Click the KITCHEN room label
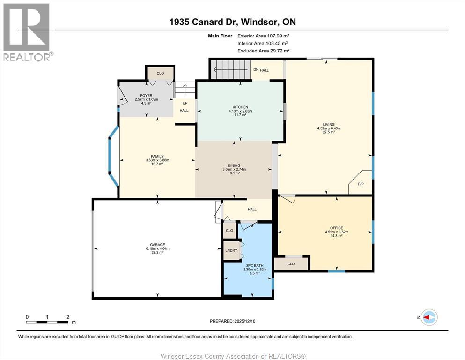pyautogui.click(x=240, y=107)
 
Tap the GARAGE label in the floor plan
pyautogui.click(x=157, y=245)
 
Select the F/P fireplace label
pyautogui.click(x=361, y=184)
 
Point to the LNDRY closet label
pyautogui.click(x=231, y=250)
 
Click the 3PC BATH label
pyautogui.click(x=255, y=266)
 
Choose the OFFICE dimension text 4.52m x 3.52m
pyautogui.click(x=337, y=232)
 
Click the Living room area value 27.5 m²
pyautogui.click(x=329, y=132)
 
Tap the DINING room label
pyautogui.click(x=234, y=165)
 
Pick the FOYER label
pyautogui.click(x=146, y=96)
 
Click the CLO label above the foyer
pyautogui.click(x=160, y=73)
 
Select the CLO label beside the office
pyautogui.click(x=291, y=264)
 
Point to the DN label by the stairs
pyautogui.click(x=256, y=70)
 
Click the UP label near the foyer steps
pyautogui.click(x=185, y=103)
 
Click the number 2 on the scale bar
pyautogui.click(x=68, y=317)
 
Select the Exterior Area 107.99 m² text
pyautogui.click(x=263, y=36)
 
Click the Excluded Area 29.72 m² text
pyautogui.click(x=263, y=51)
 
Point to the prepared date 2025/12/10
pyautogui.click(x=244, y=321)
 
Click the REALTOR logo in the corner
pyautogui.click(x=28, y=32)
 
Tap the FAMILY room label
pyautogui.click(x=157, y=157)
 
